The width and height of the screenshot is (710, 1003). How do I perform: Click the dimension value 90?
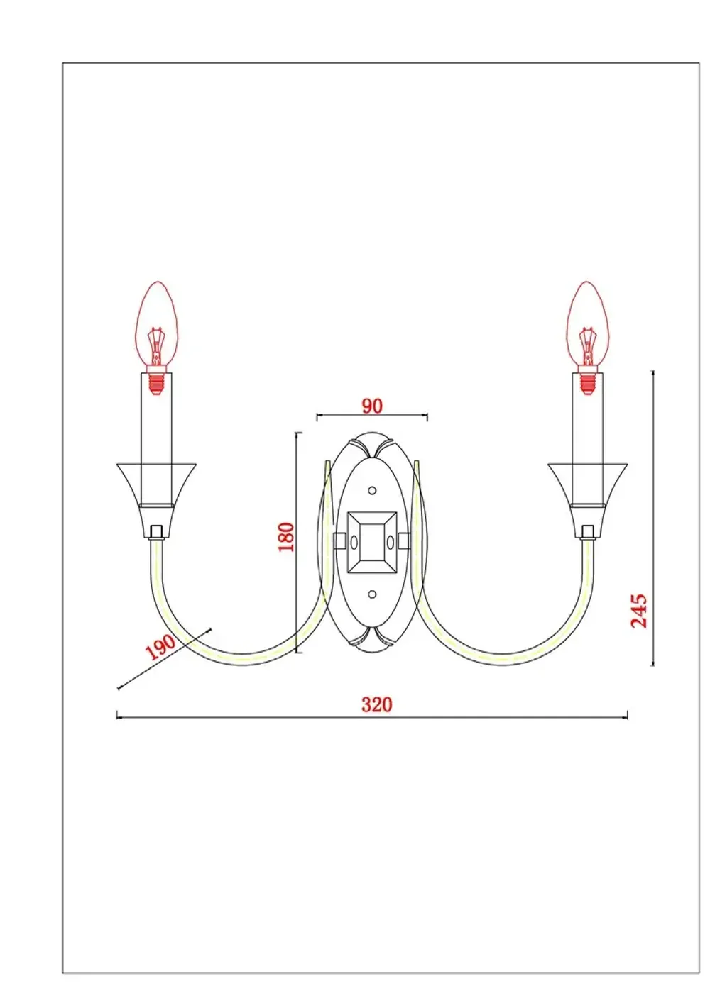click(x=372, y=406)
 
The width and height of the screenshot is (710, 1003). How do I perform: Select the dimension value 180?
click(x=285, y=537)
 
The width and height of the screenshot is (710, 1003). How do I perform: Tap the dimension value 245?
click(x=639, y=611)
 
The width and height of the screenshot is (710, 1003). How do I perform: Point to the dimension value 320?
click(x=376, y=704)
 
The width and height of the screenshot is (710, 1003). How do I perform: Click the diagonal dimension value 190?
click(x=160, y=647)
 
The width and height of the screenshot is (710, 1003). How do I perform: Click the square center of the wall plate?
click(x=372, y=543)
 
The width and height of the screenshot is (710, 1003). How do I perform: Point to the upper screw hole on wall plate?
click(x=372, y=490)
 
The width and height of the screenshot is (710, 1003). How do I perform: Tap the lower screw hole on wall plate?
click(x=372, y=594)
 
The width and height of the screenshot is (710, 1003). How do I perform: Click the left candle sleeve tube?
click(x=157, y=426)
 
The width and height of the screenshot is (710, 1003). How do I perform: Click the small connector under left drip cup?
click(x=157, y=531)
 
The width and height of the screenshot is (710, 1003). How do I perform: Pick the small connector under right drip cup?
click(x=587, y=531)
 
